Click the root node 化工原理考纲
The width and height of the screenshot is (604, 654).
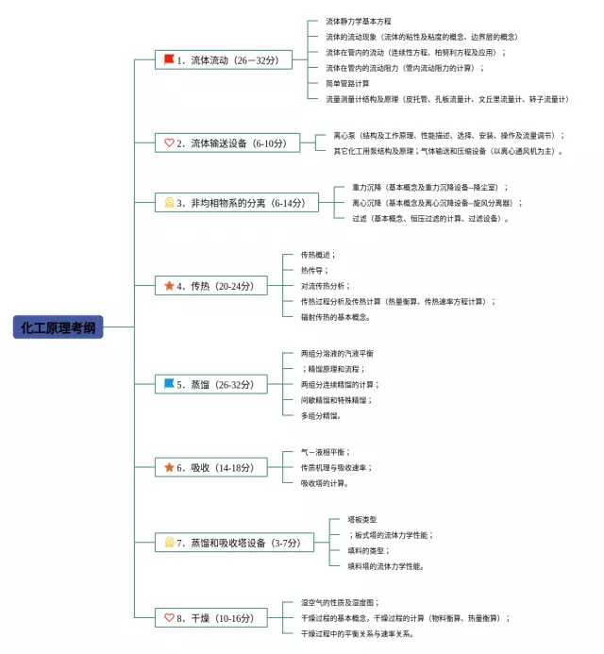[x=58, y=327]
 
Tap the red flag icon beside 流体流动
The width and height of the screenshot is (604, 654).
[x=169, y=59]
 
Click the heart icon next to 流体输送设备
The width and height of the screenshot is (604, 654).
[x=169, y=143]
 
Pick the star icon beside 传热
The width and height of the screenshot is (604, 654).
[x=169, y=285]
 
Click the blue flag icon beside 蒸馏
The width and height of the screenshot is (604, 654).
[x=169, y=384]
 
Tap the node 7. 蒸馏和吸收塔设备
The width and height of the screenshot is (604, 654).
[x=233, y=543]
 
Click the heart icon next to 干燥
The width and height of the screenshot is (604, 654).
[x=169, y=618]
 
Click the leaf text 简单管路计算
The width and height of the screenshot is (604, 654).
[x=347, y=83]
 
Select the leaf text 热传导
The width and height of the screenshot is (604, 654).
[x=314, y=270]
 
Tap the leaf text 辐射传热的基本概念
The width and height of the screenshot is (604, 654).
[x=334, y=317]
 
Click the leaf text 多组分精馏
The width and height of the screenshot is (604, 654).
[x=321, y=415]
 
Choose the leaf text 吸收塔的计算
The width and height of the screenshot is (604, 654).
[x=325, y=483]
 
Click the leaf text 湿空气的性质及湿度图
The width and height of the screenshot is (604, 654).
[x=339, y=602]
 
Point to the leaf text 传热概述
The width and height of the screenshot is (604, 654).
[x=318, y=255]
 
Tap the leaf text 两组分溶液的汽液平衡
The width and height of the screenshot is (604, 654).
[x=330, y=353]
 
